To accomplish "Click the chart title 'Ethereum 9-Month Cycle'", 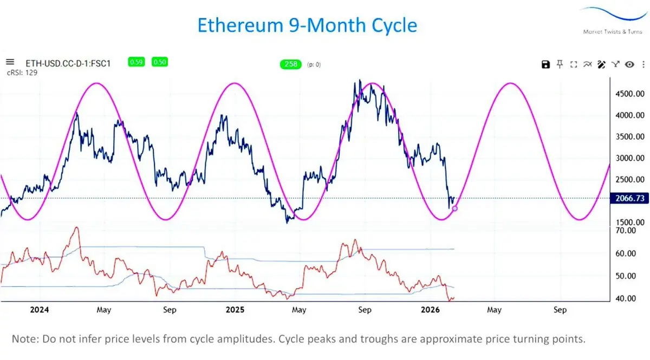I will [x=307, y=25].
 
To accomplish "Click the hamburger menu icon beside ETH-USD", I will [x=10, y=62].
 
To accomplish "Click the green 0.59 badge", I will [x=136, y=62].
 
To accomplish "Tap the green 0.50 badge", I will [x=159, y=62].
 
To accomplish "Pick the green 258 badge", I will [x=291, y=64].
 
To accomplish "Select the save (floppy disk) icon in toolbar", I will [x=545, y=65].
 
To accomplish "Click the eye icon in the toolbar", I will [x=629, y=65].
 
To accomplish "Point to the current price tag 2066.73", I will [x=628, y=199].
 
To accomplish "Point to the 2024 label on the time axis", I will [x=40, y=310].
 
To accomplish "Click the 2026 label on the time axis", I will [x=431, y=310].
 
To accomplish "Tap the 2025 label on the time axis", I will [x=235, y=310].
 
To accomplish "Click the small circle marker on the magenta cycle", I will [x=454, y=208].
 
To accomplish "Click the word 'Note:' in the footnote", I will [x=25, y=339].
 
